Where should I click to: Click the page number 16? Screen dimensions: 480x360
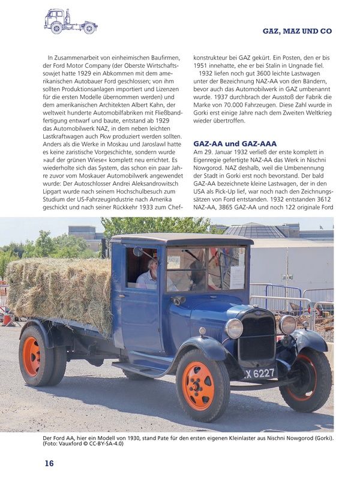[49, 463]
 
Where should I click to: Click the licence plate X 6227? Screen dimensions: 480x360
[260, 374]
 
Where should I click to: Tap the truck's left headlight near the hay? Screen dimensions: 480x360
[233, 328]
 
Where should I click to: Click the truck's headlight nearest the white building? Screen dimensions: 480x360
[288, 325]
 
